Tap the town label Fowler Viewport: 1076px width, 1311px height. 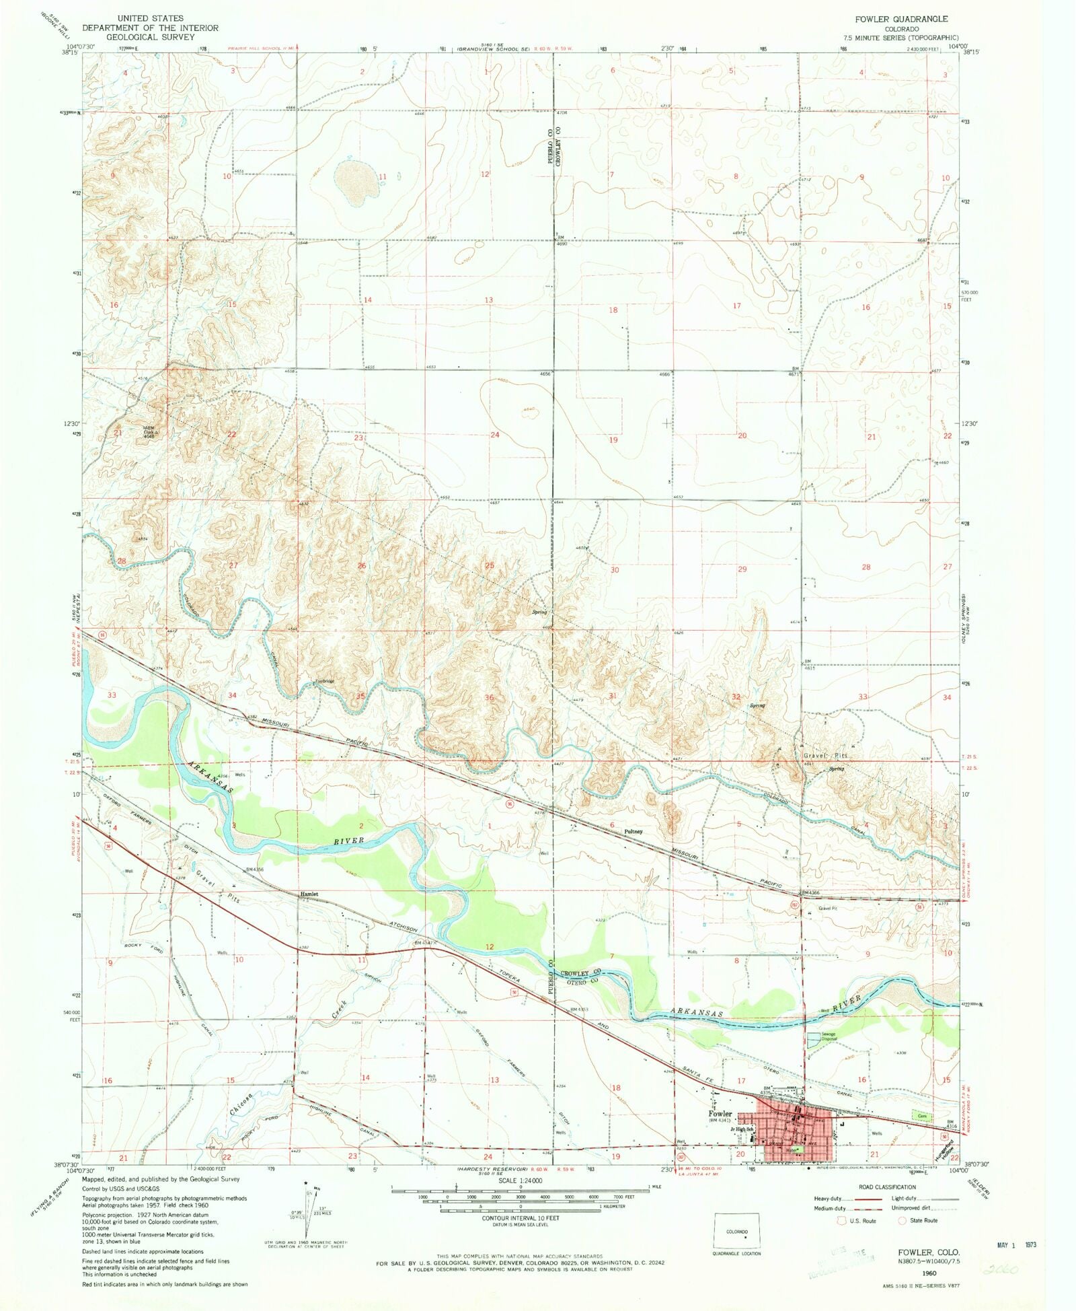click(720, 1114)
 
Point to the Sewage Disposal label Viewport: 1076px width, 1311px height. click(829, 1036)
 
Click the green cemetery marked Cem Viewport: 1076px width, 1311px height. click(922, 1115)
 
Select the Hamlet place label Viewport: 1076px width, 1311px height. click(309, 894)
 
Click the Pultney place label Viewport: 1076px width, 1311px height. click(633, 831)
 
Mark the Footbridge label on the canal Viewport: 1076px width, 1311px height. click(324, 681)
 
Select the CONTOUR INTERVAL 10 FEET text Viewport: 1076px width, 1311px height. click(520, 1217)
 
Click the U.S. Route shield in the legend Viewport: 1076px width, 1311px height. click(841, 1220)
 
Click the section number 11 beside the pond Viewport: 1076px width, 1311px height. click(383, 176)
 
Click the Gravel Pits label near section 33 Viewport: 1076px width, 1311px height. click(826, 756)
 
